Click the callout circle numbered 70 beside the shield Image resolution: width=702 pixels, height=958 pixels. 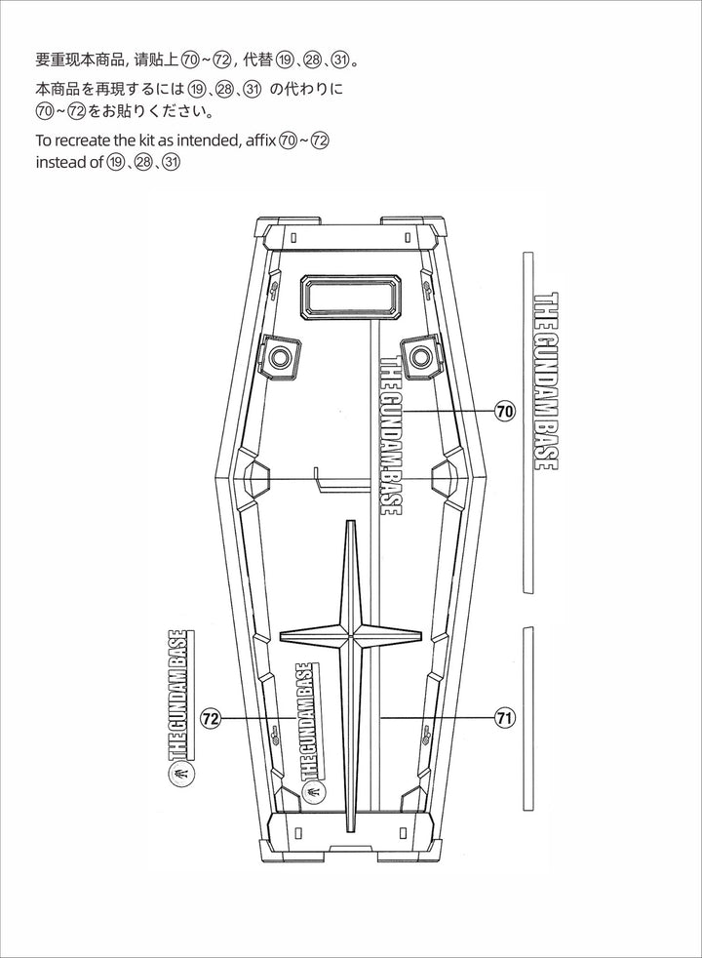click(x=504, y=412)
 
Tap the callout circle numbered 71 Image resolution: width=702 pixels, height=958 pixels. click(x=504, y=719)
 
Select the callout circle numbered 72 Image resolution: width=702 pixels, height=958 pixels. click(x=210, y=719)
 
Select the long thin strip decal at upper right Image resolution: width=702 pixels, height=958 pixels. click(x=527, y=421)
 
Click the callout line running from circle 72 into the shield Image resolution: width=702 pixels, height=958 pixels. click(x=255, y=719)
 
